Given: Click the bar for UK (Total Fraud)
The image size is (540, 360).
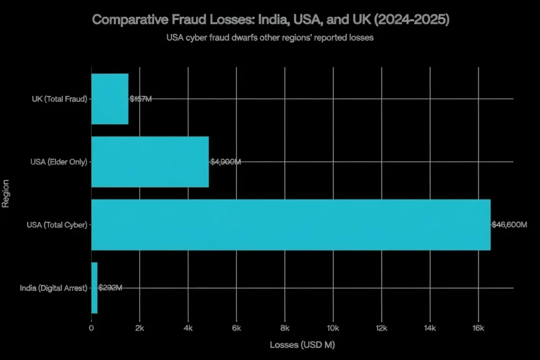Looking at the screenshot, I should pos(110,99).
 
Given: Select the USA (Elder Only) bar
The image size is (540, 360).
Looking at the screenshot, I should pos(150,161).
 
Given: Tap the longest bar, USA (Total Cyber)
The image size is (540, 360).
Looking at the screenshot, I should pos(291,225).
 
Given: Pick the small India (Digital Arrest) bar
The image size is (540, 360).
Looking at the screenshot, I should pos(94,287).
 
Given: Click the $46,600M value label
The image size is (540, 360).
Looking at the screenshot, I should pos(509,225).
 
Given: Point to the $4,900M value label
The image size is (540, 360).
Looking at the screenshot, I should pos(226,162).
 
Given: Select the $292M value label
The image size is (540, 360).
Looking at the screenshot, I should pos(110,288).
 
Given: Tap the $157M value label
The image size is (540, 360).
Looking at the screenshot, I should pos(140,99).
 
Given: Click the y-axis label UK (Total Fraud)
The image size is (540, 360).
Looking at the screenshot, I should pos(59,99).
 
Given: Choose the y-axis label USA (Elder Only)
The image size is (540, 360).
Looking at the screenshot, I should pos(59,162).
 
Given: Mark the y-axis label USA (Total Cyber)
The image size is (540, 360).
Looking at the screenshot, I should pos(57,225).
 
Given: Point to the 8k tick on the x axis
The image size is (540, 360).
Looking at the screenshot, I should pos(285,328).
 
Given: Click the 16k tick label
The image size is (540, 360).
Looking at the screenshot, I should pos(478,328).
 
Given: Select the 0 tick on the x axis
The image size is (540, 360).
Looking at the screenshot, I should pos(91,328).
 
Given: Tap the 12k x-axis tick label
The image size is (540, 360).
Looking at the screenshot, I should pos(381,328).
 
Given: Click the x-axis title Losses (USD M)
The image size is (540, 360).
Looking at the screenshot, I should pos(302,345).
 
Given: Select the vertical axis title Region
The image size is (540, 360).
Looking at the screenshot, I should pos(6,193).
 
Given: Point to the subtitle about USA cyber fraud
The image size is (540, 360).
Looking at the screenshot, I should pos(269,38).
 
